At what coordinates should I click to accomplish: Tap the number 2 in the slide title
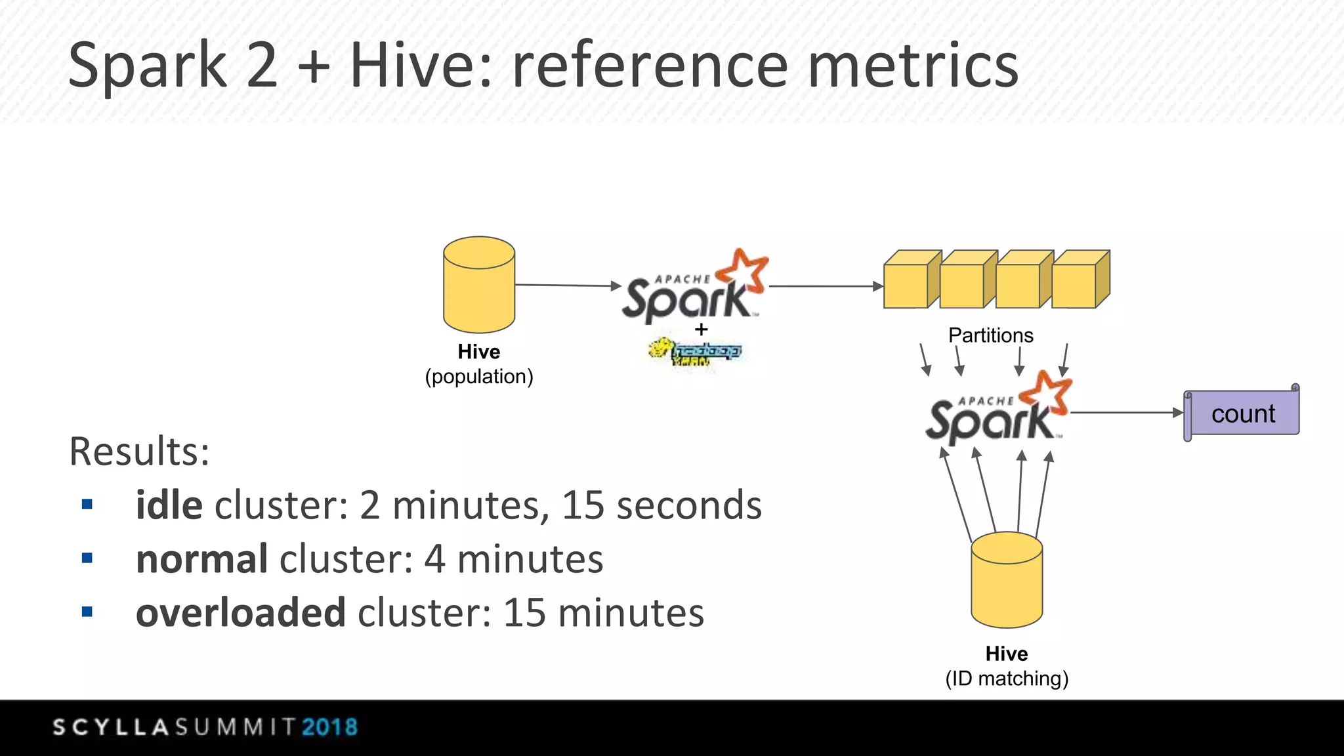262,66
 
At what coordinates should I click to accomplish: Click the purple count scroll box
1242,413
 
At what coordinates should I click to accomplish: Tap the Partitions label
990,335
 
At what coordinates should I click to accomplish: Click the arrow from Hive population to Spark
568,285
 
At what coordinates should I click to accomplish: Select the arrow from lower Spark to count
1125,413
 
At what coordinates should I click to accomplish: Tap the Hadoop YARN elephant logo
694,352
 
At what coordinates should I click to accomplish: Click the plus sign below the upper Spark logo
701,329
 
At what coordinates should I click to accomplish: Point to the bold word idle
169,505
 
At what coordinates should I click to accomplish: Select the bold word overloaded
240,613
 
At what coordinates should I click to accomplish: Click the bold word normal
201,559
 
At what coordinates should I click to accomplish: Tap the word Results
139,451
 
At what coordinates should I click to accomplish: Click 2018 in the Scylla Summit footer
329,727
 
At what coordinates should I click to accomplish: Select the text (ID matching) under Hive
1007,679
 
